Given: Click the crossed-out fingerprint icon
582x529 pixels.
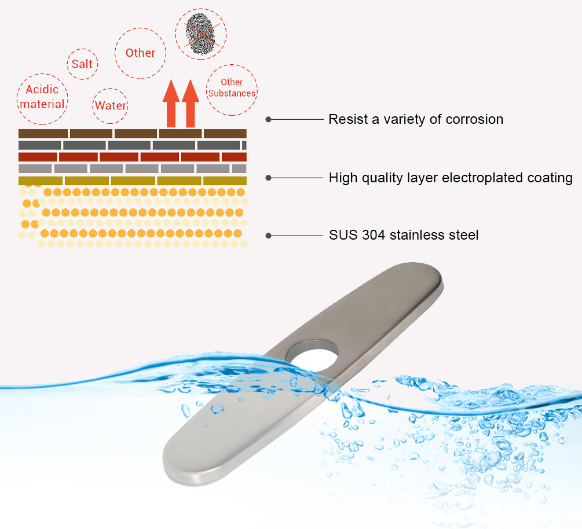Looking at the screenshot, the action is pos(200,34).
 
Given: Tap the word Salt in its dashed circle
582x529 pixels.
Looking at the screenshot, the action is pos(82,64).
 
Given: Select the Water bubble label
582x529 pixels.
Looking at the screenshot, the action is pos(110,106).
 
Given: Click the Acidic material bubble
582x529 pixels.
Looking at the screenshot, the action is pos(42,99).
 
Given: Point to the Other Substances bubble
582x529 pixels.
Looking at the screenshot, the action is pos(232,90).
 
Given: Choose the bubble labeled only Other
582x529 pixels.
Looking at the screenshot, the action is pos(140,53).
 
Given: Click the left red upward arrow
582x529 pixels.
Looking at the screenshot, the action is pos(171,104).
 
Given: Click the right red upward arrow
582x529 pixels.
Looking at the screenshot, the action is pos(191,104).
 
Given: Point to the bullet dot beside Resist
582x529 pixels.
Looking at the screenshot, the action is pos(268,119).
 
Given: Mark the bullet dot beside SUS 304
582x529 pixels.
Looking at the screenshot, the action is pos(268,236).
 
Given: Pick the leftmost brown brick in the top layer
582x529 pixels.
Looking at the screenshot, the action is pos(43,134).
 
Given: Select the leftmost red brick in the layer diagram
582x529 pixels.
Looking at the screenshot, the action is pos(38,157).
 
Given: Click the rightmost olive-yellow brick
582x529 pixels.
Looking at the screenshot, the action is pos(225,181).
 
